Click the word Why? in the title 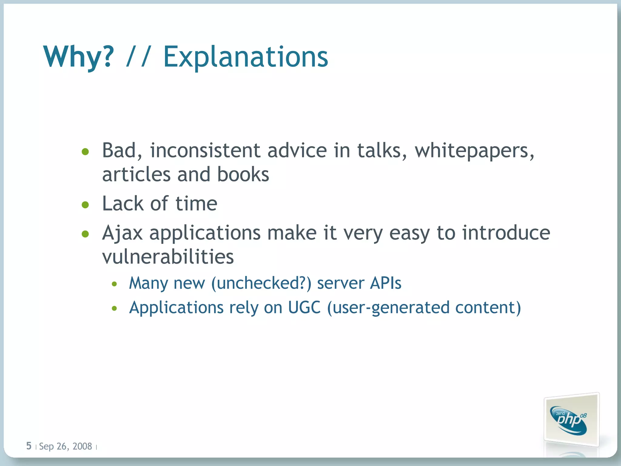[x=79, y=57]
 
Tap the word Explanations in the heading [x=246, y=57]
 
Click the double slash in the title [x=138, y=57]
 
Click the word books [x=243, y=174]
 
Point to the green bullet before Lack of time [x=86, y=205]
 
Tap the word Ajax [x=122, y=233]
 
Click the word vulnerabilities [x=168, y=257]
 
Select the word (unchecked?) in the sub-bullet [x=261, y=283]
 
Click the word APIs [x=386, y=283]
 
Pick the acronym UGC [x=304, y=307]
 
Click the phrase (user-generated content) [x=424, y=308]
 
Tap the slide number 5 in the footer [x=29, y=446]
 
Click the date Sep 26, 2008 [x=65, y=446]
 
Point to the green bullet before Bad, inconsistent [x=86, y=151]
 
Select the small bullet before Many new [x=114, y=284]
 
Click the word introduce [x=506, y=233]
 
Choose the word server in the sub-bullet [x=340, y=283]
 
